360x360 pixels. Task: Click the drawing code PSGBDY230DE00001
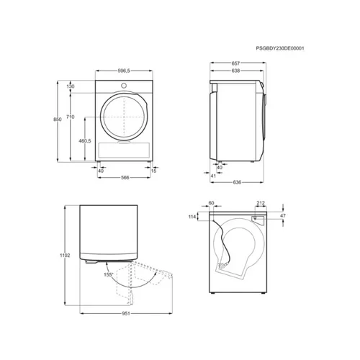pos(280,48)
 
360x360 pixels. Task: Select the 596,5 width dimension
pos(124,71)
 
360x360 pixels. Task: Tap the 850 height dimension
pos(58,120)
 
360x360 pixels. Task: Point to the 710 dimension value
pos(71,117)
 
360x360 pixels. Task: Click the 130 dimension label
pos(71,86)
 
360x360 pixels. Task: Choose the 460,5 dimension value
pos(85,141)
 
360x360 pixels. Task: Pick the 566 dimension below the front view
pos(125,178)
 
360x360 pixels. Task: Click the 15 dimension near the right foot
pos(153,171)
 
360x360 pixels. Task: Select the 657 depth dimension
pos(235,63)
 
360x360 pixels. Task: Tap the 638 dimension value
pos(235,71)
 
